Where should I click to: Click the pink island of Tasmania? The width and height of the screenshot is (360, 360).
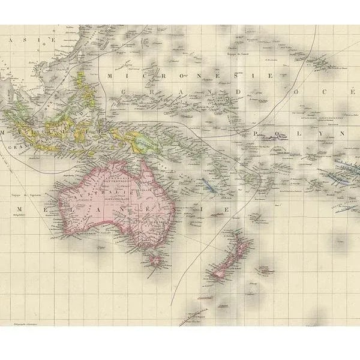point(157,260)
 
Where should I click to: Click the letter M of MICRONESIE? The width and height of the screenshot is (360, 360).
point(109,76)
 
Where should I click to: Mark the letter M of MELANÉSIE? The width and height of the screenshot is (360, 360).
point(19,208)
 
